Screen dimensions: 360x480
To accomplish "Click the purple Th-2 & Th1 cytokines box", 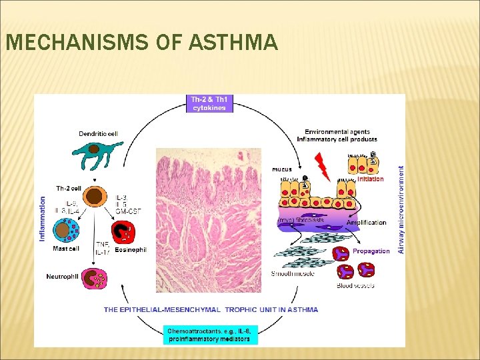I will (x=209, y=103).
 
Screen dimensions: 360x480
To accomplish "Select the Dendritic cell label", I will (x=98, y=134).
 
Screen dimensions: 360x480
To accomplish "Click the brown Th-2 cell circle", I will (x=96, y=197).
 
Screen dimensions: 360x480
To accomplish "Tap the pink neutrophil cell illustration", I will (x=94, y=277).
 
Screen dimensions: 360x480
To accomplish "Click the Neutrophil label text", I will (x=63, y=276).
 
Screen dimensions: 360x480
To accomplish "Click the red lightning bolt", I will (x=322, y=167).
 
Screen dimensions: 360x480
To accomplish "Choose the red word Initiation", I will (x=371, y=179).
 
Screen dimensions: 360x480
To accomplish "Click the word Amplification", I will (x=366, y=223).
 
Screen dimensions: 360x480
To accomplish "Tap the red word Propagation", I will (x=371, y=251).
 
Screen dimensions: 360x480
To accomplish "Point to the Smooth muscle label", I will (x=293, y=273).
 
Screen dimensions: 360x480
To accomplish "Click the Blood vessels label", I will (x=355, y=285).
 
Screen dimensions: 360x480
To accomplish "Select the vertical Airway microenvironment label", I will (x=401, y=209).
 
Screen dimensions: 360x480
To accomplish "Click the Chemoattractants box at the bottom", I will (x=209, y=334).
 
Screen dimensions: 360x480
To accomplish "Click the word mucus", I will (x=282, y=169).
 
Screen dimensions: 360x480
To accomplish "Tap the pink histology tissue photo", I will (x=209, y=220).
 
